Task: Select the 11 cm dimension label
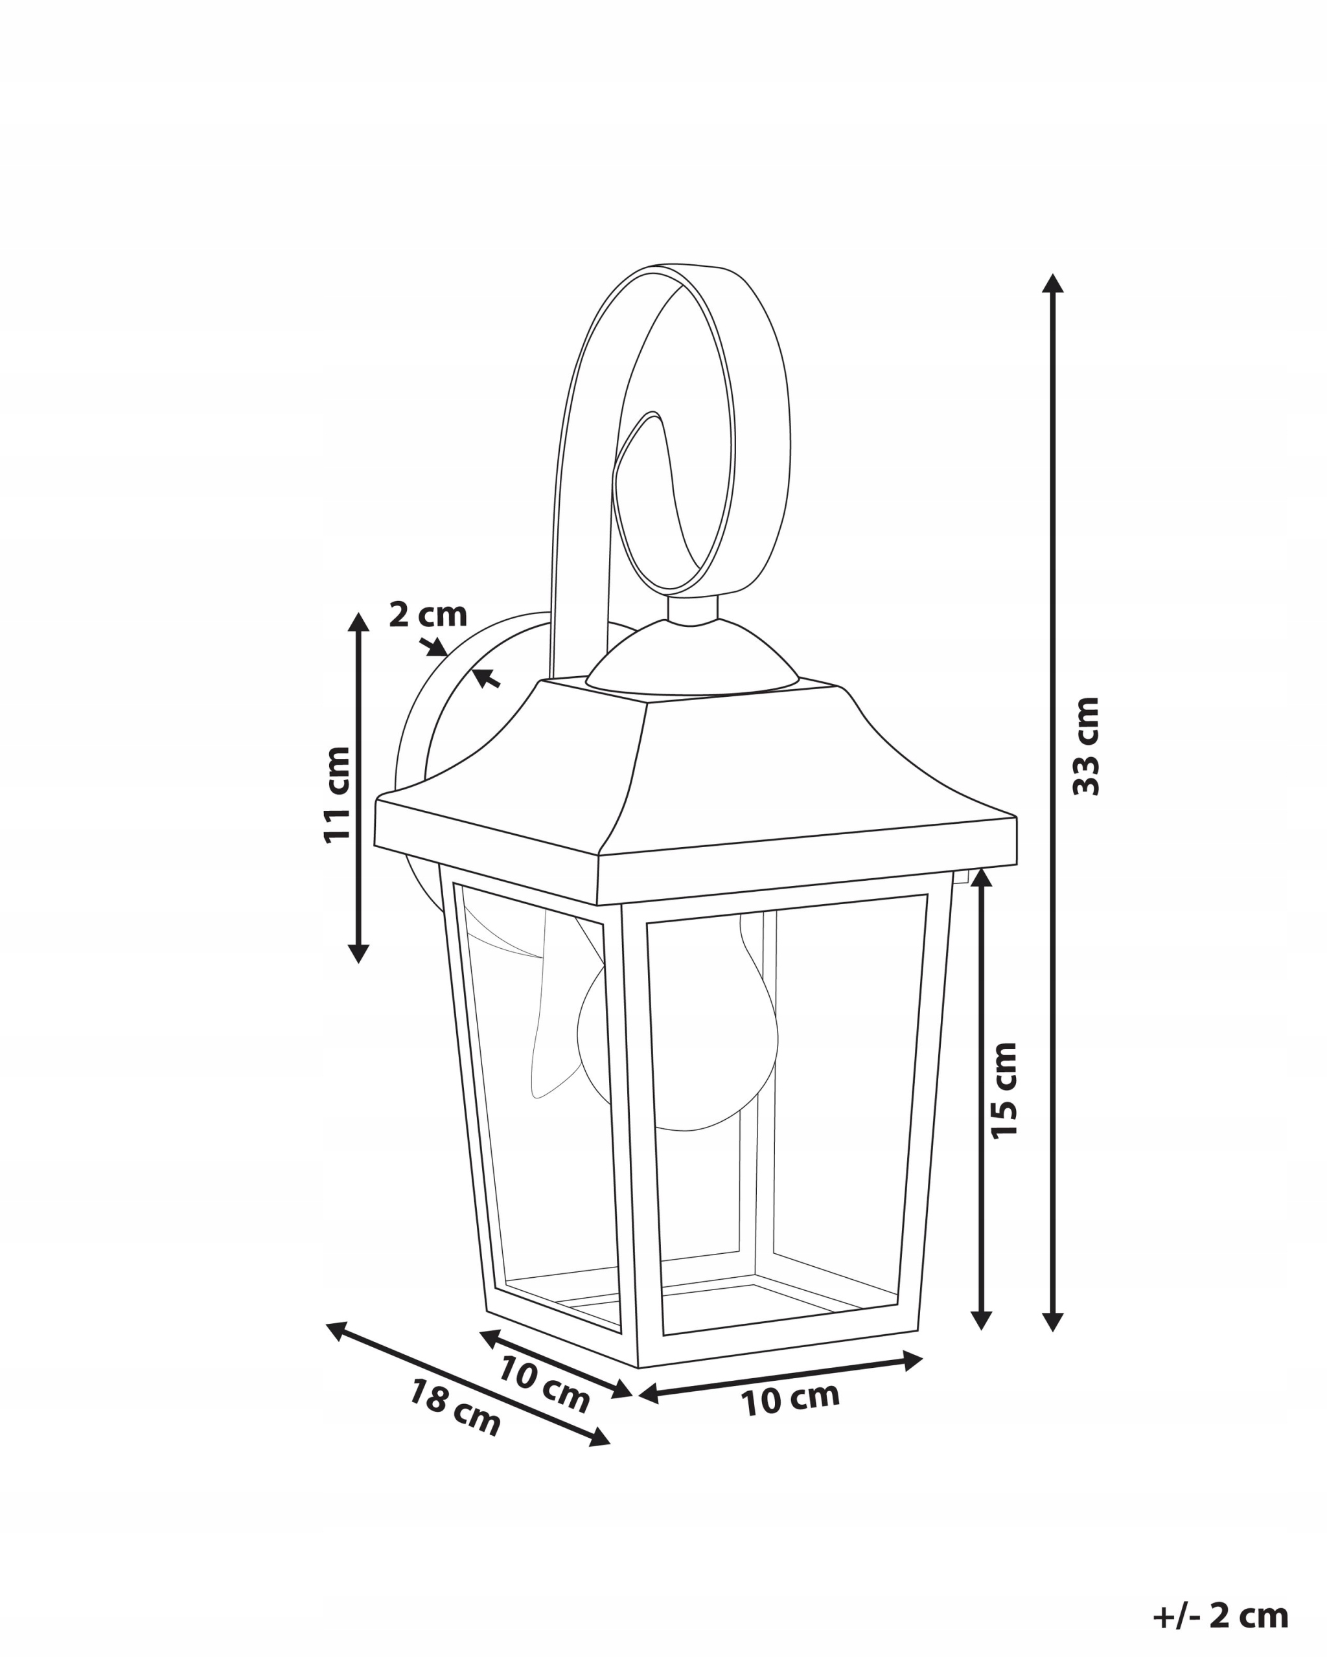tap(336, 795)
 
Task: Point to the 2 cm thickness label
tap(428, 615)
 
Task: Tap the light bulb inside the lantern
tap(677, 1030)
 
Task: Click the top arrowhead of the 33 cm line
tap(1052, 283)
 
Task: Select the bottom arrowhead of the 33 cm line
tap(1052, 1321)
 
